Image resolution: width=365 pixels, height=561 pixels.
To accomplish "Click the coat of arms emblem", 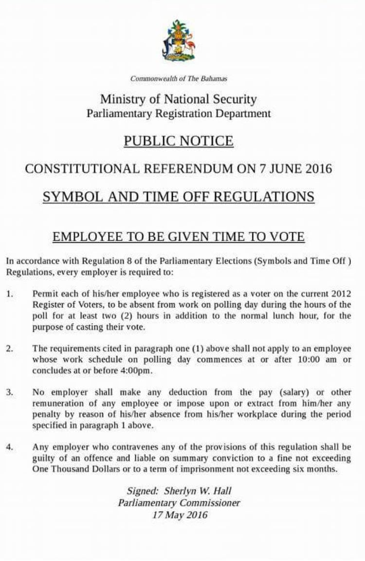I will point(178,41).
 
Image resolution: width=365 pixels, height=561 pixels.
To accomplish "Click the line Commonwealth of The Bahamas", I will point(179,78).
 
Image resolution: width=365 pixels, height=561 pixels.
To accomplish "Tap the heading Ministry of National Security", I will point(178,99).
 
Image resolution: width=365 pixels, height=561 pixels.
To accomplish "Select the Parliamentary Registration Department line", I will point(178,114).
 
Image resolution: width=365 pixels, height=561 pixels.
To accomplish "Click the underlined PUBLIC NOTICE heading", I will point(178,141).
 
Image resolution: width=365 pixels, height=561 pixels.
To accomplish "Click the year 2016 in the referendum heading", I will point(319,169).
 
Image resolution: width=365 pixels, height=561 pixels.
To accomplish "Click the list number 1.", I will point(10,295).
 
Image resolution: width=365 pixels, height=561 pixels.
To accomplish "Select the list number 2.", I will point(10,348).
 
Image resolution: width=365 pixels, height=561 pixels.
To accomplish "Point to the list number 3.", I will point(10,392).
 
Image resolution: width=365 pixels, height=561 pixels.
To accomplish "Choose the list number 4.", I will point(10,447).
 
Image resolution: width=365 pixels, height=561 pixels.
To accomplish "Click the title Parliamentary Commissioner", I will point(179,503).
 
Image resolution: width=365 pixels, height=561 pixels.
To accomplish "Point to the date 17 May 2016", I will point(179,515).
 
